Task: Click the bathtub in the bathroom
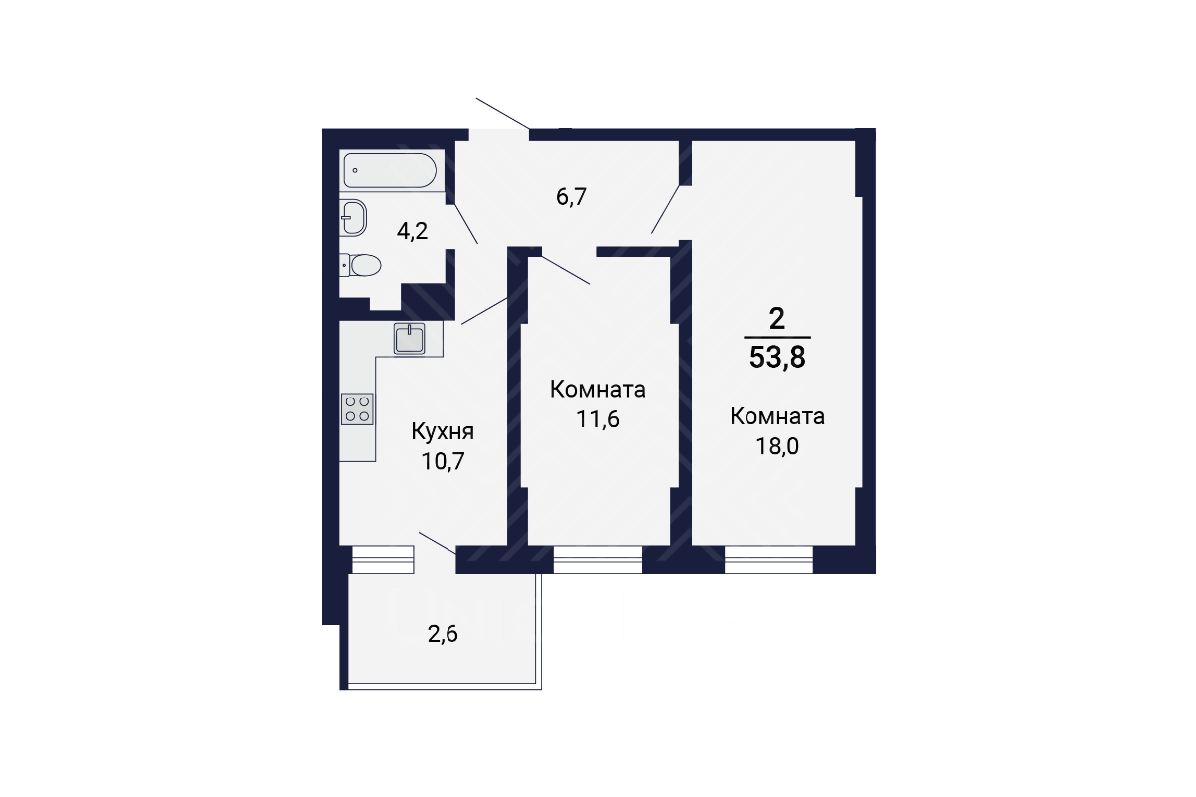pyautogui.click(x=390, y=170)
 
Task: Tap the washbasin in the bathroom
pyautogui.click(x=353, y=218)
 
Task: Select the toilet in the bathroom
pyautogui.click(x=361, y=265)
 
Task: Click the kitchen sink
pyautogui.click(x=410, y=338)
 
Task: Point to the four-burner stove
pyautogui.click(x=357, y=409)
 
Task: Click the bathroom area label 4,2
pyautogui.click(x=413, y=232)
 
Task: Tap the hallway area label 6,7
pyautogui.click(x=571, y=197)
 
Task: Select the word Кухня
pyautogui.click(x=443, y=431)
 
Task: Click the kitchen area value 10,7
pyautogui.click(x=444, y=461)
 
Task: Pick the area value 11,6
pyautogui.click(x=598, y=419)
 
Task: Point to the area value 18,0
pyautogui.click(x=777, y=446)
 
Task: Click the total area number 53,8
pyautogui.click(x=777, y=357)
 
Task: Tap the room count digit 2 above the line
pyautogui.click(x=777, y=319)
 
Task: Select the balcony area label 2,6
pyautogui.click(x=444, y=635)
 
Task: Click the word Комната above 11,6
pyautogui.click(x=598, y=390)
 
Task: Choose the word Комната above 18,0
pyautogui.click(x=777, y=416)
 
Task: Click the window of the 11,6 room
pyautogui.click(x=597, y=560)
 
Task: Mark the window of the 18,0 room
pyautogui.click(x=768, y=560)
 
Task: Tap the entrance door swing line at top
pyautogui.click(x=503, y=114)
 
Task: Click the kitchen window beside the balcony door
pyautogui.click(x=383, y=560)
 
